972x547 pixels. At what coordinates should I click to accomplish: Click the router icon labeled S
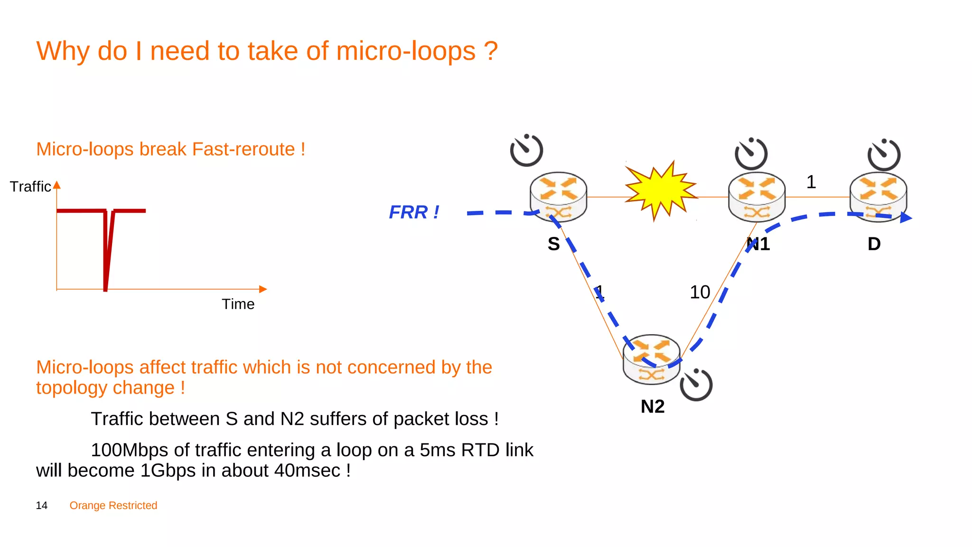[558, 197]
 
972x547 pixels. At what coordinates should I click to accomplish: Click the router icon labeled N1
[757, 197]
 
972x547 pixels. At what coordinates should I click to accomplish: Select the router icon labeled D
[878, 197]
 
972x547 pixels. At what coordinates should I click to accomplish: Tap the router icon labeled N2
[651, 359]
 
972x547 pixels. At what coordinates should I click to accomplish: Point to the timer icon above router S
[526, 151]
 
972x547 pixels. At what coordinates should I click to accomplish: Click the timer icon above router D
[884, 155]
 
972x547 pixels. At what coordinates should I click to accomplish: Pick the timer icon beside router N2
[696, 385]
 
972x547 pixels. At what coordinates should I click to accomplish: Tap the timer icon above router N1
[751, 154]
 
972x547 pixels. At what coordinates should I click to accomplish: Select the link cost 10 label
[700, 292]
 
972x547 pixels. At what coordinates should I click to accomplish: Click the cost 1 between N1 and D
[811, 182]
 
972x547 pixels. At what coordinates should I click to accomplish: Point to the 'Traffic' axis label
[30, 187]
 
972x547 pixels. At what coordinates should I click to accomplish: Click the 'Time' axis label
[238, 304]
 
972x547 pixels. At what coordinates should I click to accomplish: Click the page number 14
[42, 505]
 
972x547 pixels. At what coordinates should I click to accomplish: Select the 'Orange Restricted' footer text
[113, 505]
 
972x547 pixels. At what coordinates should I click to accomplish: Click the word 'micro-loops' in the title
[406, 51]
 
